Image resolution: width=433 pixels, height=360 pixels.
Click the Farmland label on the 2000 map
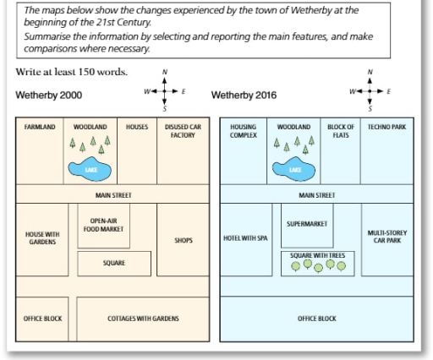pyautogui.click(x=40, y=127)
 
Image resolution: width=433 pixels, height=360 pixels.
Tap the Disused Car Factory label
pyautogui.click(x=183, y=131)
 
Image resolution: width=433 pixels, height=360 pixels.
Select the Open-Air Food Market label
pyautogui.click(x=103, y=225)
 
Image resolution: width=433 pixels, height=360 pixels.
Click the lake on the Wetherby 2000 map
pyautogui.click(x=90, y=169)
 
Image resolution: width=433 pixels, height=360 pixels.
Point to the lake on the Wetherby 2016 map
pyautogui.click(x=293, y=169)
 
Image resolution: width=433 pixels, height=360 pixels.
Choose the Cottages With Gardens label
pyautogui.click(x=143, y=319)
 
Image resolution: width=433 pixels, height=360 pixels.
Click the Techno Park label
pyautogui.click(x=386, y=127)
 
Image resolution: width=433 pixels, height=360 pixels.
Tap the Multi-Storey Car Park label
pyautogui.click(x=387, y=237)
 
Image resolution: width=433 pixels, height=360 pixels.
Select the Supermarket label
pyautogui.click(x=307, y=224)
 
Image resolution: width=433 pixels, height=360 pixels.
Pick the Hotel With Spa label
pyautogui.click(x=245, y=238)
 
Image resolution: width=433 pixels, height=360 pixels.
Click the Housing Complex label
pyautogui.click(x=244, y=131)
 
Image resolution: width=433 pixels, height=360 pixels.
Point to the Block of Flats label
pyautogui.click(x=341, y=131)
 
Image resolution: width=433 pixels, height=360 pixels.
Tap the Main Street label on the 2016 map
pyautogui.click(x=317, y=195)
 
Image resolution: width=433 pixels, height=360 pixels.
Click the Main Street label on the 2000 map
pyautogui.click(x=113, y=195)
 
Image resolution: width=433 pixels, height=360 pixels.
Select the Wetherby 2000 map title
pyautogui.click(x=49, y=95)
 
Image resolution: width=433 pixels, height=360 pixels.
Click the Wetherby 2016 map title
pyautogui.click(x=244, y=95)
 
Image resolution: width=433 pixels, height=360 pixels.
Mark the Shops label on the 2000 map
pyautogui.click(x=184, y=240)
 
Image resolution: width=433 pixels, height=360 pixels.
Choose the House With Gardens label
pyautogui.click(x=42, y=238)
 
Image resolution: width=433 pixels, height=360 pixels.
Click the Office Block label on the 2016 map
pyautogui.click(x=317, y=319)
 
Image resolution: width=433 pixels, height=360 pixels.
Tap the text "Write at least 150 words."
pyautogui.click(x=72, y=72)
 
